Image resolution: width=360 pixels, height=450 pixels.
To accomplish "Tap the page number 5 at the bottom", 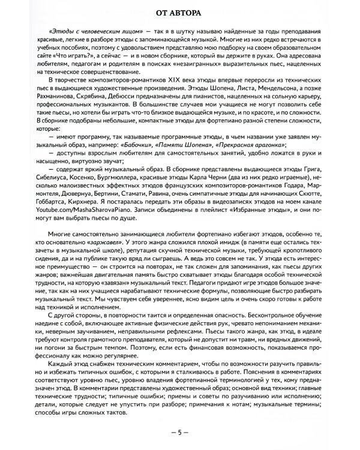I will (x=179, y=433).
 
